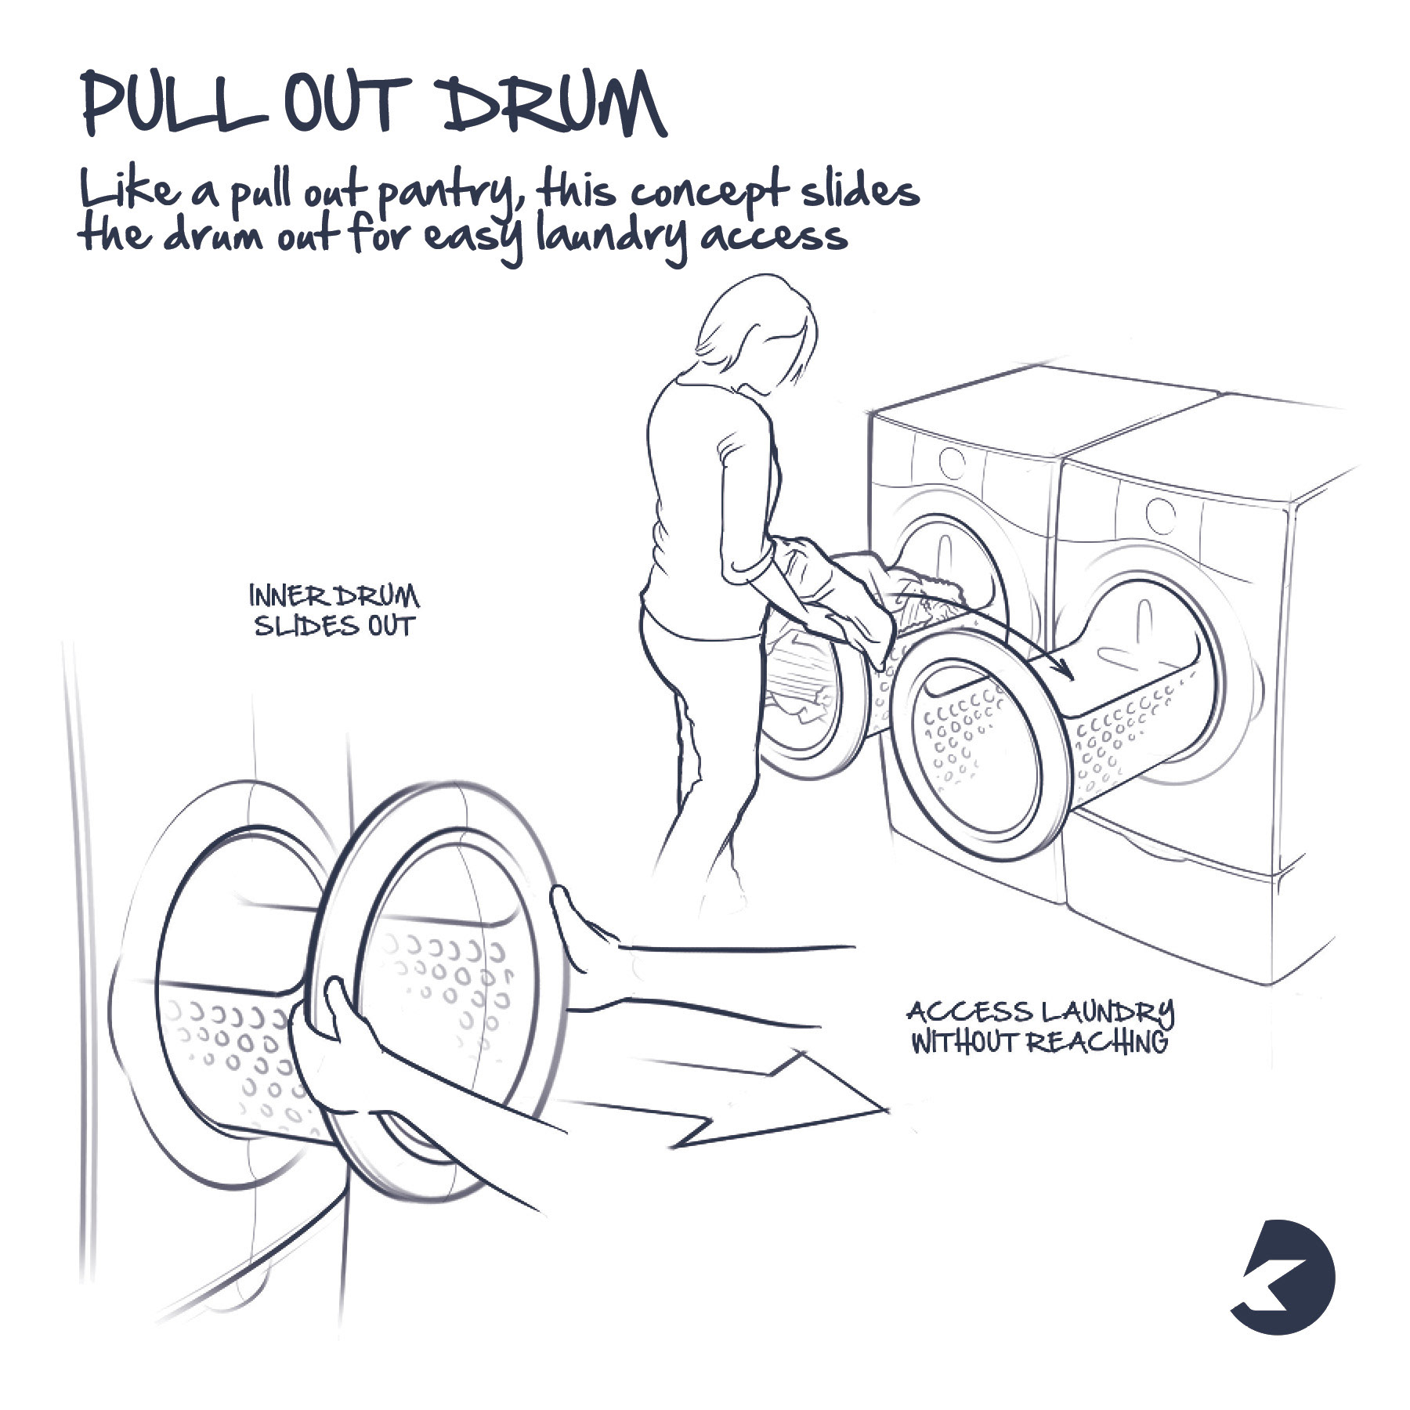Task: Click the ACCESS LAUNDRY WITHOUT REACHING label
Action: click(1040, 1028)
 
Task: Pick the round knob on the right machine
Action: click(1160, 514)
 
